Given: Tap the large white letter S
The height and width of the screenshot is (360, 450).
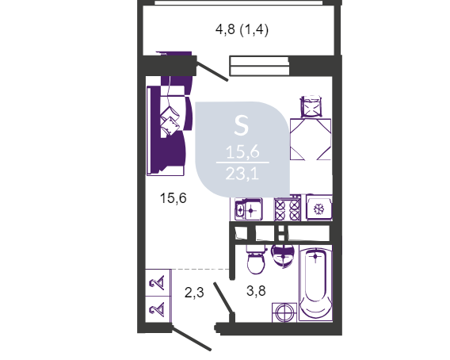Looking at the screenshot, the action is [x=241, y=125].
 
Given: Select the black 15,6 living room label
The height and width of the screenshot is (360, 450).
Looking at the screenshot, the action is [x=173, y=198].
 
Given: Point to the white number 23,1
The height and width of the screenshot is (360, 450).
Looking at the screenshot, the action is [x=242, y=174].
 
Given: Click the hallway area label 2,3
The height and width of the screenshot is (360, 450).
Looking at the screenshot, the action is [x=194, y=293].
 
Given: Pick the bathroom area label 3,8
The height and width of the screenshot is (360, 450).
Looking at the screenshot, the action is [x=256, y=291].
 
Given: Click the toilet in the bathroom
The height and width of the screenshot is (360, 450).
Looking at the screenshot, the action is [x=255, y=259].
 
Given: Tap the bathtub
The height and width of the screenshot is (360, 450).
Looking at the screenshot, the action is [x=315, y=283].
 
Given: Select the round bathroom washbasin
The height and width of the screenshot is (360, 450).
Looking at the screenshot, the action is [x=284, y=255].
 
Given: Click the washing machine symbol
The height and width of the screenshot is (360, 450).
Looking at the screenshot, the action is [x=284, y=312].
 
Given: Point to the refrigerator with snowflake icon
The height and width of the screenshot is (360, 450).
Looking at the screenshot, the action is [x=318, y=208].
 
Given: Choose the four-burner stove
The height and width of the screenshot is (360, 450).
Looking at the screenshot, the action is [x=288, y=209].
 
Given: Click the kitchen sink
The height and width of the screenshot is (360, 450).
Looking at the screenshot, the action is [x=248, y=210].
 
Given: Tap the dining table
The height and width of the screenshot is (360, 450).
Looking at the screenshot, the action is [x=311, y=140].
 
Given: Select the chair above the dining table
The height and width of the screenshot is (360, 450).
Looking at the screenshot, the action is [x=311, y=106].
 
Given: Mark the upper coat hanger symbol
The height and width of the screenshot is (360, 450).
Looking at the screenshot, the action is [x=158, y=283].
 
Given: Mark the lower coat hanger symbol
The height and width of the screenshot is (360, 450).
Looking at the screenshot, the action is [x=158, y=309].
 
